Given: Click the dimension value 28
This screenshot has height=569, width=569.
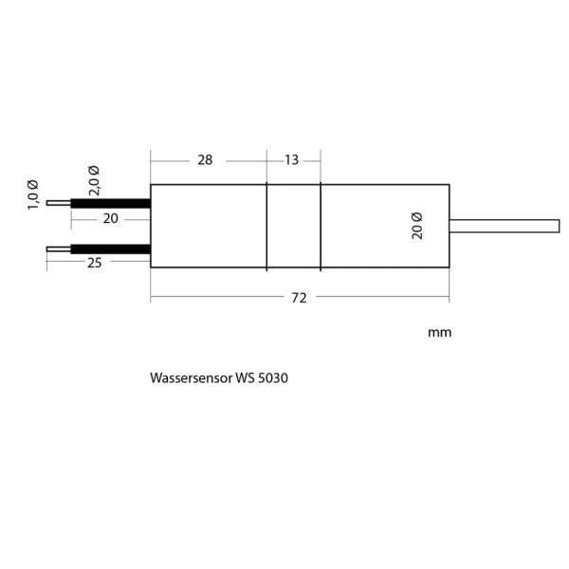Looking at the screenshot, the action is (x=205, y=160).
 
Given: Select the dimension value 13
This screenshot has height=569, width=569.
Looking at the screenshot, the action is (x=291, y=160).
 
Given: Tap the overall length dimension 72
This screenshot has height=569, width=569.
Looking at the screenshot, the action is (x=299, y=299).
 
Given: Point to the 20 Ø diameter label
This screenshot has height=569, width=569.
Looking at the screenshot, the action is (x=417, y=226).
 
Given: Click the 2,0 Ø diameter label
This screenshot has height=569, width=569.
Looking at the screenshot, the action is (x=94, y=181).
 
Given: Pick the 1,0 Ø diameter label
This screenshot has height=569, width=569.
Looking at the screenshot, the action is (x=32, y=194).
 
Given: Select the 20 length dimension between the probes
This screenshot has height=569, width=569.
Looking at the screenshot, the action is (x=111, y=218).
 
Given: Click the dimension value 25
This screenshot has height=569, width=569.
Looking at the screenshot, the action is (x=95, y=263).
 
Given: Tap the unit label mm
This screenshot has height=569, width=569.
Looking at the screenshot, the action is (x=440, y=333).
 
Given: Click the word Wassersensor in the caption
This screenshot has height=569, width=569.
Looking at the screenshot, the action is (x=192, y=377).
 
